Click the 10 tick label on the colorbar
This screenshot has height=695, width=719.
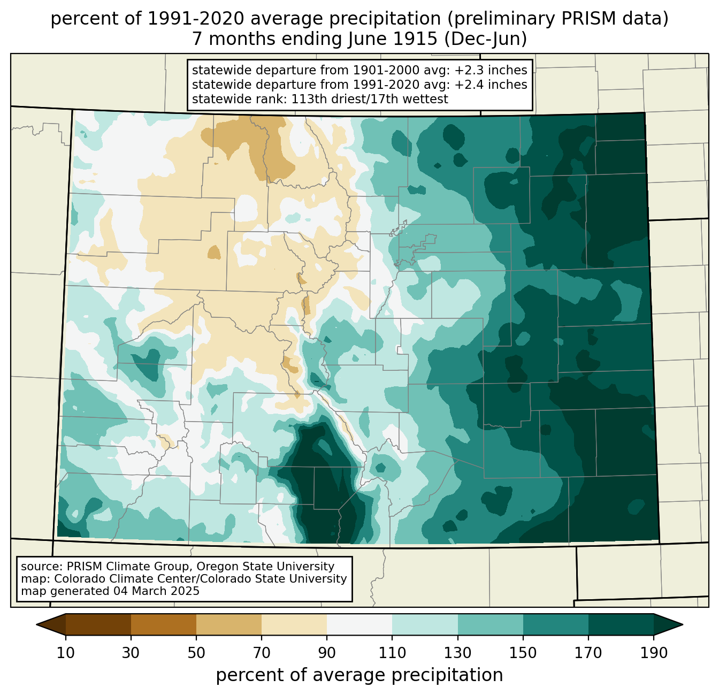click(x=65, y=653)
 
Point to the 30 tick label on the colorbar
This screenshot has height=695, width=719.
click(x=131, y=653)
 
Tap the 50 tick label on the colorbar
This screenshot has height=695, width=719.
click(x=196, y=653)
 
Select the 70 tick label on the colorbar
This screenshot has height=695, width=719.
click(x=262, y=653)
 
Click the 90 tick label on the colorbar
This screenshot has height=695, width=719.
click(x=327, y=653)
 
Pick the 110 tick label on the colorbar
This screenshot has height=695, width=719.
click(x=392, y=653)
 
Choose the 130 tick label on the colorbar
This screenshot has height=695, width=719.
click(x=458, y=653)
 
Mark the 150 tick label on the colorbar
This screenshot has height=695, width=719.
click(x=523, y=653)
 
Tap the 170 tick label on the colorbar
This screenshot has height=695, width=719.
click(x=588, y=653)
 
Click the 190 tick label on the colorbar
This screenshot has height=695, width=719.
click(x=654, y=653)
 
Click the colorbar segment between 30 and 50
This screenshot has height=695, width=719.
click(x=164, y=625)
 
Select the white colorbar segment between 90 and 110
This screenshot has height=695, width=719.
click(x=359, y=625)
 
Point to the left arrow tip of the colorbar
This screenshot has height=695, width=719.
click(x=36, y=625)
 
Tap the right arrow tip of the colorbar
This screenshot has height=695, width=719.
click(x=683, y=625)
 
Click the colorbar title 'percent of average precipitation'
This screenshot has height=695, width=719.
click(x=359, y=675)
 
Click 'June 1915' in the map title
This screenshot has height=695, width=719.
click(x=392, y=39)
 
